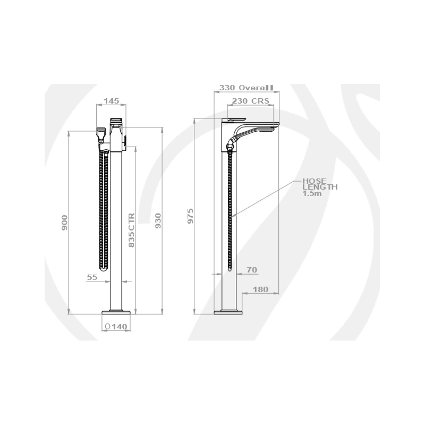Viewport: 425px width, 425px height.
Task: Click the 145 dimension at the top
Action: (111, 101)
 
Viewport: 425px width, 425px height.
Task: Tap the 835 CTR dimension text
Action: (132, 230)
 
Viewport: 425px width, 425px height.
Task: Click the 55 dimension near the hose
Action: (91, 277)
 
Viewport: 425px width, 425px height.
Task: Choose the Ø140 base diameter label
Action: (116, 327)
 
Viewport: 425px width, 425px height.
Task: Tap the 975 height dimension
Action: (191, 216)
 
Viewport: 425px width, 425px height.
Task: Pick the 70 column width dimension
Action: (252, 270)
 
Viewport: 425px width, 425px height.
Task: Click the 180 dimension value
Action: (260, 290)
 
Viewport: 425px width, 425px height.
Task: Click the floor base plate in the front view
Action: (116, 311)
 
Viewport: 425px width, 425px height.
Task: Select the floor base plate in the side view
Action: (229, 311)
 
